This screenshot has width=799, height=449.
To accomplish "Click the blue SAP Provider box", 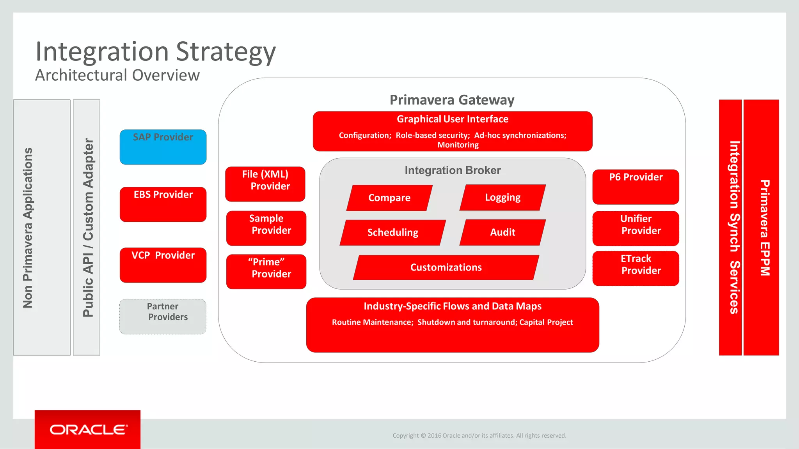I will (x=163, y=147).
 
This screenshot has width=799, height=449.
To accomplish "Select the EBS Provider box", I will (x=163, y=204).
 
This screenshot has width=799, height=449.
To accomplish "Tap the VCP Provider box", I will (x=163, y=265).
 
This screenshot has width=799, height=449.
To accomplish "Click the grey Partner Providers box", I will (x=163, y=316).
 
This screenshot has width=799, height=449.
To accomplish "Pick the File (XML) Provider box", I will (x=265, y=184).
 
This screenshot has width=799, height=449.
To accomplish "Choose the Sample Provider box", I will (x=266, y=228).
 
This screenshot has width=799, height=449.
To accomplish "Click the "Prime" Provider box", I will (x=266, y=272).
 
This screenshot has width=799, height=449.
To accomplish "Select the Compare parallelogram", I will (x=389, y=198).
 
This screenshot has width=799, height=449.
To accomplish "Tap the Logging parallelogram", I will (x=502, y=198).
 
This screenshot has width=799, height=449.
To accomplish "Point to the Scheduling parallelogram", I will (x=392, y=233).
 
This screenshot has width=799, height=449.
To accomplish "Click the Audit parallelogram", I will (x=502, y=232).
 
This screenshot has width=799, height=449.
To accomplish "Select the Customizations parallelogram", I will (x=446, y=267).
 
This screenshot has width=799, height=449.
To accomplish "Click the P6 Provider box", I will (x=636, y=187).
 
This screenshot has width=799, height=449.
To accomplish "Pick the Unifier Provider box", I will (x=636, y=228).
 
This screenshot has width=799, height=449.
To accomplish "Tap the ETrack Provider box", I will (x=636, y=268).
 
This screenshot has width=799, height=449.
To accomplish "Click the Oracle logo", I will (x=88, y=430).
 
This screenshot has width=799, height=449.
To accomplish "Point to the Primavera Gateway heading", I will (x=452, y=100).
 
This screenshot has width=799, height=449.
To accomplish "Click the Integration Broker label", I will (x=453, y=170).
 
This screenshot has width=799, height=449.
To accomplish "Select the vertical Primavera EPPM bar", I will (x=761, y=228).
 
